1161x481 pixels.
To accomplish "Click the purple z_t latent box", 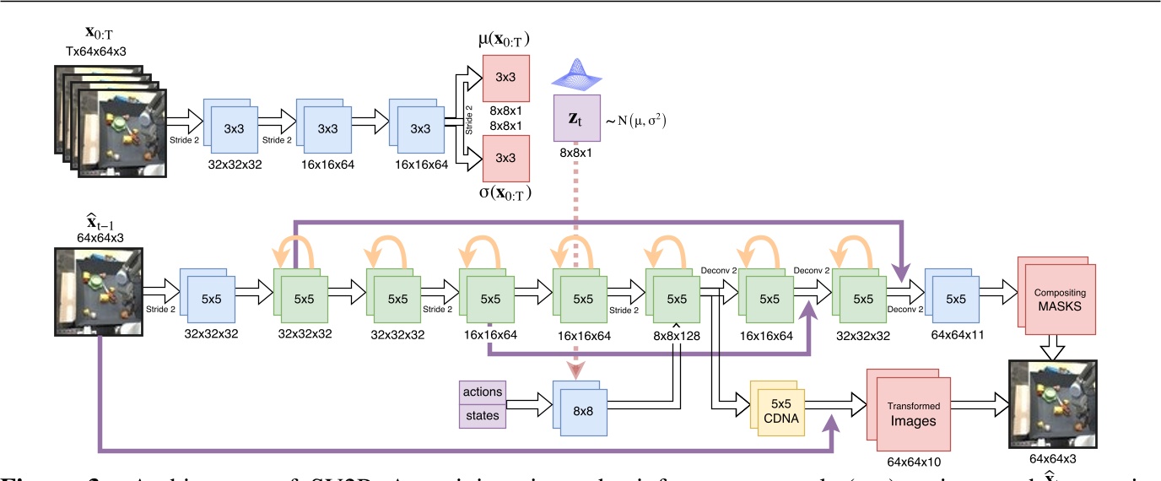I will [577, 117].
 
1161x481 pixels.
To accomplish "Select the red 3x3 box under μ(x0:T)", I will [505, 78].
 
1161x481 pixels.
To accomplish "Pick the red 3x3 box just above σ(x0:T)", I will [505, 157].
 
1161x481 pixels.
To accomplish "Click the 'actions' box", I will [483, 392].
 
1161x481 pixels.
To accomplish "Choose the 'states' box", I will [483, 415].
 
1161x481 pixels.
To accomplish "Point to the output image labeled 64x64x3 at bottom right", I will [1052, 406].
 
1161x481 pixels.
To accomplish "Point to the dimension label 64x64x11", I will [954, 335].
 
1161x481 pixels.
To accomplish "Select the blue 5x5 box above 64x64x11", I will [953, 298].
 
